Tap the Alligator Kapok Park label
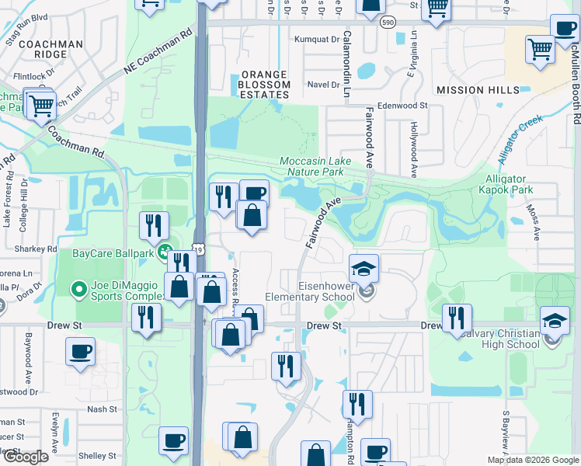pos(517,184)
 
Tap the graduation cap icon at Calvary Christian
pos(555,322)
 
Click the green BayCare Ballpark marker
pos(165,252)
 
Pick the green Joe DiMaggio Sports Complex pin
pos(78,290)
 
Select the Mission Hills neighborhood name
pos(478,90)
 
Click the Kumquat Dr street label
pos(324,38)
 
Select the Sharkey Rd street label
pos(36,249)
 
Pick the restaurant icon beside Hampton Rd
pos(357,405)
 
